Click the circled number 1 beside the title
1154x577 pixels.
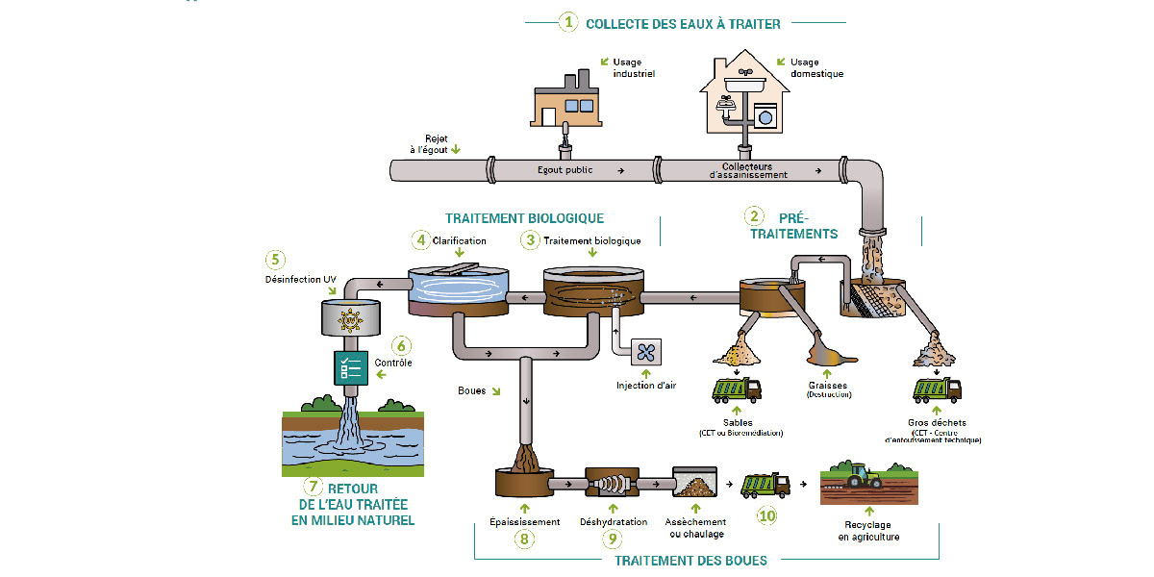[x=569, y=21]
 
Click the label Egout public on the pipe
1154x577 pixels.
[x=565, y=170]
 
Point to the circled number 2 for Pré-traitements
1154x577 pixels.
[x=756, y=216]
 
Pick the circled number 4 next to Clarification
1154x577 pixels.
[x=419, y=238]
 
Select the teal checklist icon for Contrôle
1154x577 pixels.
[x=351, y=367]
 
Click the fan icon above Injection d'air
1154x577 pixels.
[x=644, y=354]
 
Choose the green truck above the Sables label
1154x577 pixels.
[x=736, y=389]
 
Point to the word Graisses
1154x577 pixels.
[x=827, y=385]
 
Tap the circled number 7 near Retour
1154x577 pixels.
[x=313, y=487]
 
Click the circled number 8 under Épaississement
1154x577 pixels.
[x=524, y=539]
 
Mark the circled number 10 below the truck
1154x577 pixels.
[x=766, y=515]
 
